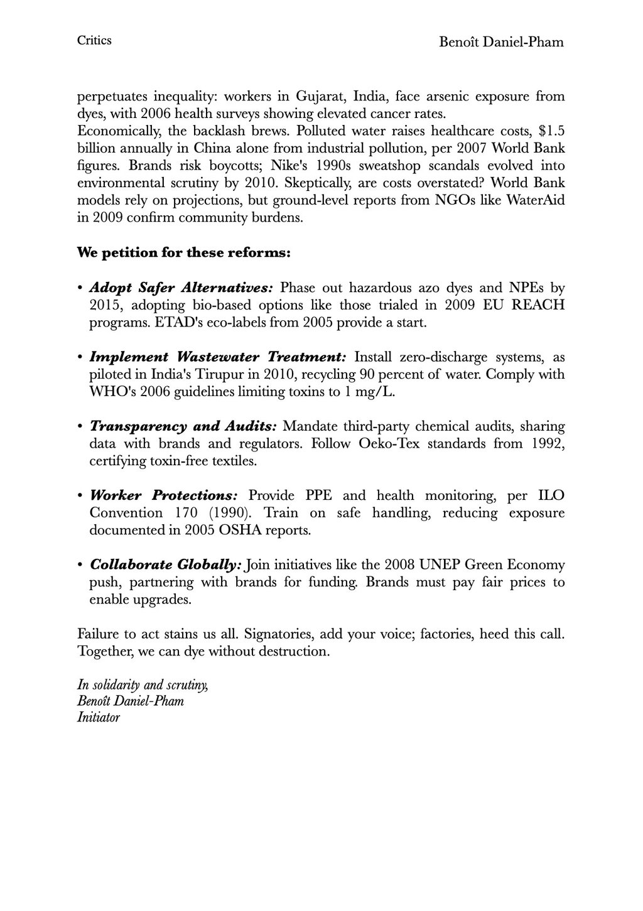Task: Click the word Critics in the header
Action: click(94, 41)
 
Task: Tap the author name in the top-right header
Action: click(501, 42)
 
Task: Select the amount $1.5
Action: click(552, 132)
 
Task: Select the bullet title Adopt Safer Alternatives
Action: click(181, 288)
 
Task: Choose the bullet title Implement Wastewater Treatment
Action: click(217, 357)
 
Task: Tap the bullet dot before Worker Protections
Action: click(81, 496)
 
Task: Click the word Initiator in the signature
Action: click(98, 717)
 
